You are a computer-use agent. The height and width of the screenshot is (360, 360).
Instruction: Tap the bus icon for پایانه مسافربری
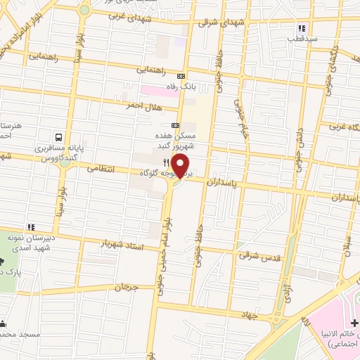(x=59, y=138)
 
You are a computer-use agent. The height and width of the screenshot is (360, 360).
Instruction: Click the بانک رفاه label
(x=177, y=85)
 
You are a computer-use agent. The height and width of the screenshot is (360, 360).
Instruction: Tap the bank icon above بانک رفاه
(x=181, y=75)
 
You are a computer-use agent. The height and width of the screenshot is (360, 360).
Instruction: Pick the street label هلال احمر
(x=143, y=106)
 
